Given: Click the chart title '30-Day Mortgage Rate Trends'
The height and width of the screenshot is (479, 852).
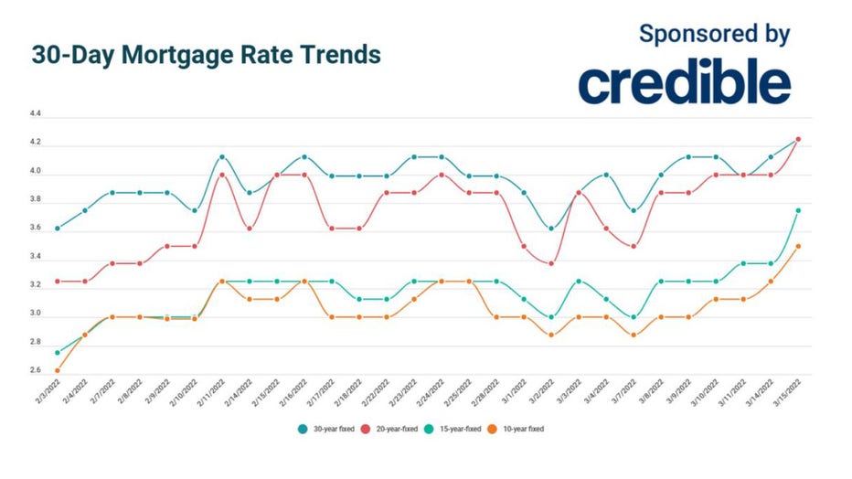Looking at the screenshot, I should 206,55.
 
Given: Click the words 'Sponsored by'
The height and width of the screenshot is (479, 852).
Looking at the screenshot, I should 714,34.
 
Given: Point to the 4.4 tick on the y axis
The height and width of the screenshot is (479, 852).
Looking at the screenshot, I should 36,115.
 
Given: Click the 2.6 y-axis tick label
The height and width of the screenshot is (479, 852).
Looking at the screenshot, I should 36,371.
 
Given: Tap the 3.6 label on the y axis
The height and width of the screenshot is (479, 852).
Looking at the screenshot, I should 36,229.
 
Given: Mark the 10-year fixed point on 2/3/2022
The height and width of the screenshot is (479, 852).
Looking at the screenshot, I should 58,370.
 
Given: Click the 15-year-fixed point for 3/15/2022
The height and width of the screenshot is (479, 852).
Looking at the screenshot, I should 798,210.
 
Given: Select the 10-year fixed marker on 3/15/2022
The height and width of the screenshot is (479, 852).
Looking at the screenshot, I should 798,246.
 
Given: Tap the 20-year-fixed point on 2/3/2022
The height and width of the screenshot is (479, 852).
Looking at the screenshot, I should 58,281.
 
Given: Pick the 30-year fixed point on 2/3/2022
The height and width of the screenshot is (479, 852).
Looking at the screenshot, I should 58,229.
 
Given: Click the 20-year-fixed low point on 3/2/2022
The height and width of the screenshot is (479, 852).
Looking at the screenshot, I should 551,263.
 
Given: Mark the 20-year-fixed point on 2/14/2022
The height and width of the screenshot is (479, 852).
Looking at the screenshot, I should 250,229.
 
